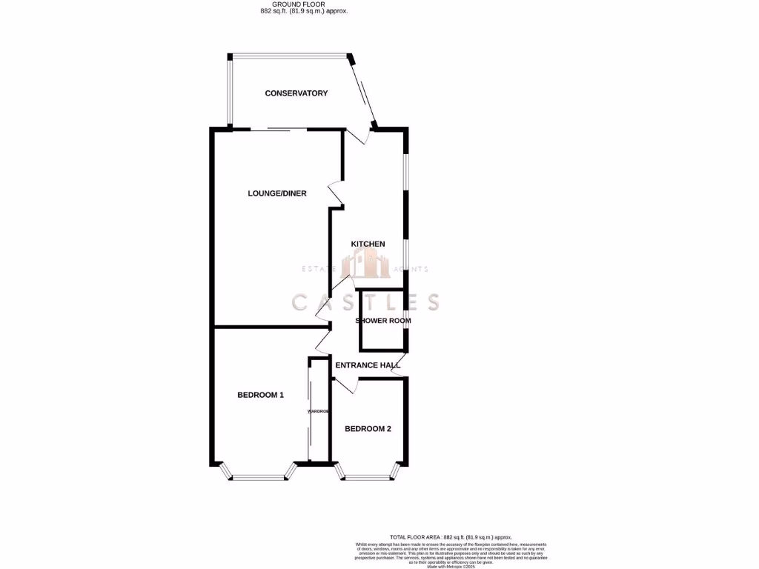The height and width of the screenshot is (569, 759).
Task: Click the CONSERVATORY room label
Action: (296, 93)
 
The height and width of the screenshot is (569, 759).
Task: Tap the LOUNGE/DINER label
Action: (276, 193)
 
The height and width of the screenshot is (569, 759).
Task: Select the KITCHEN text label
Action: (368, 244)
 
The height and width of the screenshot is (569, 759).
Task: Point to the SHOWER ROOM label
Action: (383, 321)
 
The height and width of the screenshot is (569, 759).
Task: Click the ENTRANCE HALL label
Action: (368, 365)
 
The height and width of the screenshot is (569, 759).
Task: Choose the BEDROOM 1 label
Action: (260, 395)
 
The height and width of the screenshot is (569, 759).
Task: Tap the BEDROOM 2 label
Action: (368, 429)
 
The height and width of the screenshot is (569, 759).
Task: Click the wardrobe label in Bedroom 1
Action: (318, 410)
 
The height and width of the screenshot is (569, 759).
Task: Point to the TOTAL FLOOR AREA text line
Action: (451, 537)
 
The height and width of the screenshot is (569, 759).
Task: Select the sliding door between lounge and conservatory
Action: (278, 130)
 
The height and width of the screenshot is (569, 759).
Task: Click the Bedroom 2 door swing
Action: (345, 385)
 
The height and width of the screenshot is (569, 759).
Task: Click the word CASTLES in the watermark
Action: (365, 302)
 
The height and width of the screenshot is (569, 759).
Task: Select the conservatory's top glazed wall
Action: (289, 55)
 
